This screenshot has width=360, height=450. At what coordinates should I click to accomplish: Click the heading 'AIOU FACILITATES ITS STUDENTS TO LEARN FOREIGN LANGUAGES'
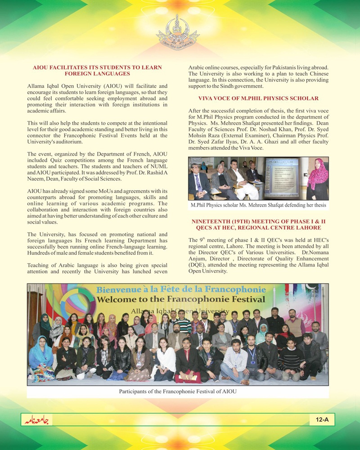point(97,70)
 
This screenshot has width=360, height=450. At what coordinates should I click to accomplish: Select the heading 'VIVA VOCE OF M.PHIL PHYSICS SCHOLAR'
point(258,98)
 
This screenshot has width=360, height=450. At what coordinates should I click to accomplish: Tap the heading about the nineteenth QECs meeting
point(258,225)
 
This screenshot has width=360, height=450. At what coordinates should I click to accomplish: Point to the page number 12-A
point(322,420)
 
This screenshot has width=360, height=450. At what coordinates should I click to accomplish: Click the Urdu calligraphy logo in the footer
point(37,420)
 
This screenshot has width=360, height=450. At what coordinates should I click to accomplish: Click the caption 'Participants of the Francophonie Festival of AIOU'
point(178,391)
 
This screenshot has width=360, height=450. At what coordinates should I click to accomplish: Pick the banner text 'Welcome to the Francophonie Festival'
point(181,299)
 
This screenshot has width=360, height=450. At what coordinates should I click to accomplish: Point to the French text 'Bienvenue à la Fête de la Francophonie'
point(181,289)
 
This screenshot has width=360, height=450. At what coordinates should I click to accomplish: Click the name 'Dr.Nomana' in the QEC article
point(315,253)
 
